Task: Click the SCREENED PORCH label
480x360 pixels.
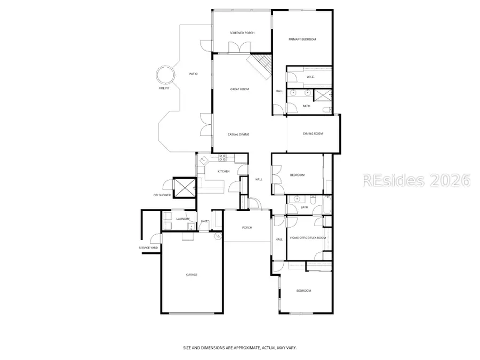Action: coord(242,33)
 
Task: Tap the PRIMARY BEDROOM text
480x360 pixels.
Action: coord(302,39)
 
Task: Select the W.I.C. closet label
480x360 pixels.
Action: coord(310,77)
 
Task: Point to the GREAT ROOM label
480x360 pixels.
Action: coord(239,89)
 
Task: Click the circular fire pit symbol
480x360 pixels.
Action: coord(165,75)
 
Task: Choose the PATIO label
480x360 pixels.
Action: coord(194,74)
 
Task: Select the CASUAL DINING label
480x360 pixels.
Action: coord(238,134)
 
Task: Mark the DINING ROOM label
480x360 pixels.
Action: coord(313,134)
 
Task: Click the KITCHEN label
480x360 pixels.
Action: coord(223,171)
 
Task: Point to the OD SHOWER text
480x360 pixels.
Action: coord(162,195)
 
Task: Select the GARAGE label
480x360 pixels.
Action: coord(191,275)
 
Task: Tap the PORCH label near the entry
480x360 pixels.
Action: coord(247,228)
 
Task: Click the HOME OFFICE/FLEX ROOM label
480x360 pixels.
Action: coord(308,238)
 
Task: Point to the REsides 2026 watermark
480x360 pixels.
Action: coord(416,180)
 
